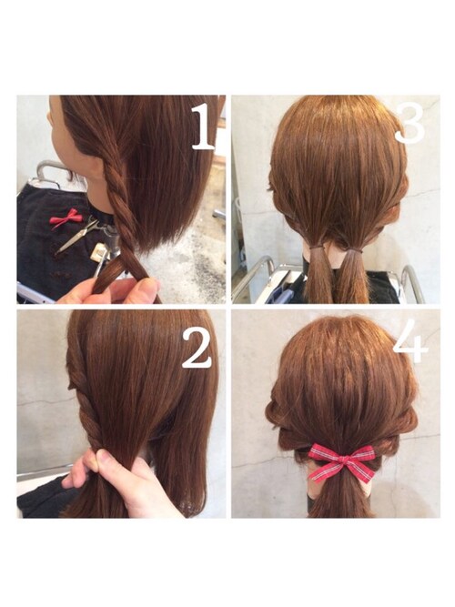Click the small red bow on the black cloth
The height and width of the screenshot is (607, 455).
click(x=66, y=217)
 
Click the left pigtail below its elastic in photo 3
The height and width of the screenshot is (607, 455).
click(x=318, y=276)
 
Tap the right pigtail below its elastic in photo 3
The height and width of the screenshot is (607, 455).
click(x=353, y=278)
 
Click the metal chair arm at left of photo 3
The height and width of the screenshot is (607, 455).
click(x=252, y=278)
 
